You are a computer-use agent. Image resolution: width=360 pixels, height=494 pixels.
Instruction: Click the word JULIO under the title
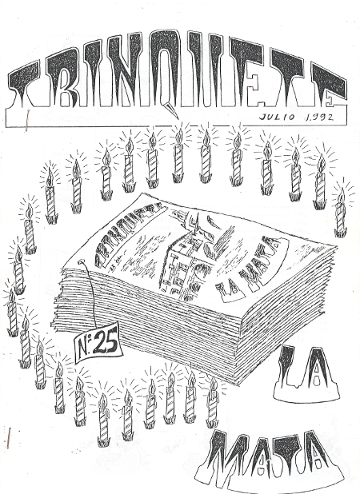click(277, 118)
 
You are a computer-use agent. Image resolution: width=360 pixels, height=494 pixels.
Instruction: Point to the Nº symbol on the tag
click(85, 349)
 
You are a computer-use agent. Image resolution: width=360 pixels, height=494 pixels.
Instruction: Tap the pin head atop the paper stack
click(82, 261)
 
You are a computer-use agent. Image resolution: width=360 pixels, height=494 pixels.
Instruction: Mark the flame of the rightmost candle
click(341, 195)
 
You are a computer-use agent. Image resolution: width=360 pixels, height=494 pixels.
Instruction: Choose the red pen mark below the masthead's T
click(26, 121)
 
